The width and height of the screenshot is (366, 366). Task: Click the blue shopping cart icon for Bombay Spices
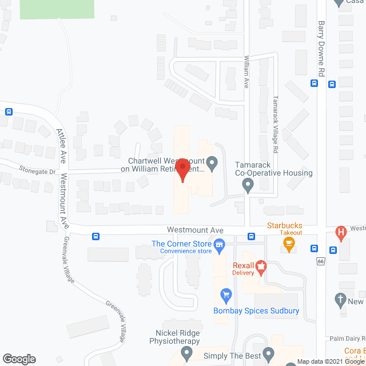(226, 295)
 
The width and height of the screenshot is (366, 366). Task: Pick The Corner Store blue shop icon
(218, 245)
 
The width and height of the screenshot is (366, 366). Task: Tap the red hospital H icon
(341, 233)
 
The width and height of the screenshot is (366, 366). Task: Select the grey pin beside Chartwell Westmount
(212, 164)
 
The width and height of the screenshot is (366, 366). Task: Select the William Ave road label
(246, 71)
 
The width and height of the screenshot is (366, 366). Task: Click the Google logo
(19, 359)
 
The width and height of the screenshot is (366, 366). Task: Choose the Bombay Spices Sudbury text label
(256, 311)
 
